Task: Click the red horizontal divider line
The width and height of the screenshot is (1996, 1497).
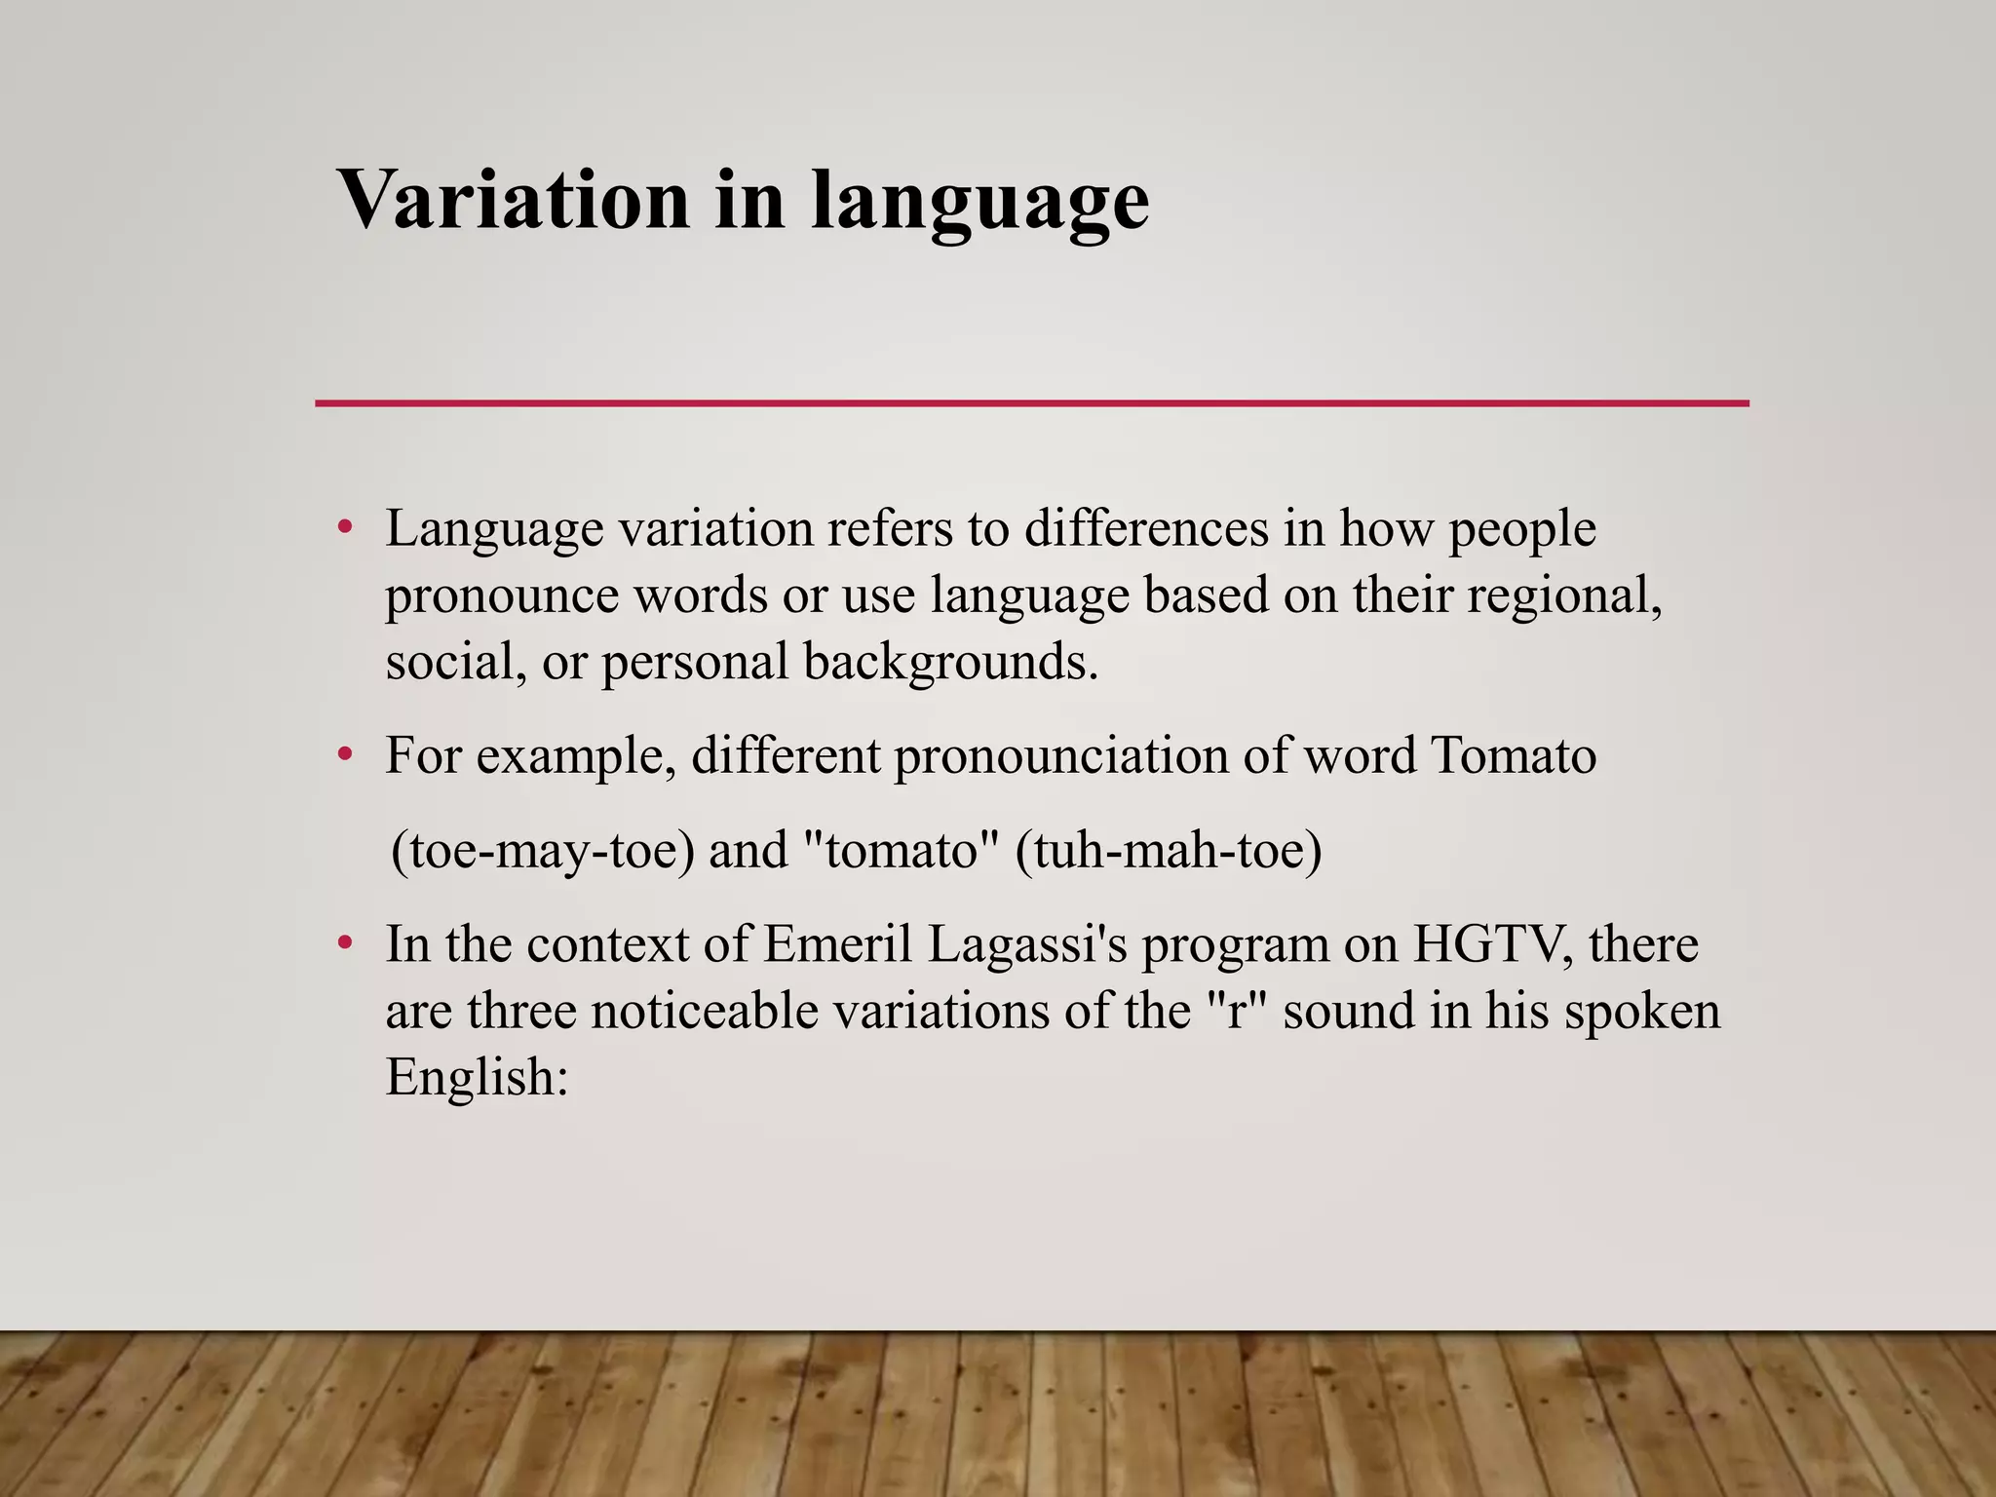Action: coord(1031,403)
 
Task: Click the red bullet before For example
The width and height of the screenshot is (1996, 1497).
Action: coord(343,755)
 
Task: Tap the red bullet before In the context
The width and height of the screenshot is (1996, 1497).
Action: coord(343,944)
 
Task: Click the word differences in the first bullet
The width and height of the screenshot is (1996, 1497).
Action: coord(1146,529)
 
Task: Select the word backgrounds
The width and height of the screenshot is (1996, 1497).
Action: coord(950,663)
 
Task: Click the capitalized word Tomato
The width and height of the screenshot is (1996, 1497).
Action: coord(1513,755)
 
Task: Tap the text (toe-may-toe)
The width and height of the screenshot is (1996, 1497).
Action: coord(543,850)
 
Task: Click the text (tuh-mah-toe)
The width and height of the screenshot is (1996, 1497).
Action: coord(1168,850)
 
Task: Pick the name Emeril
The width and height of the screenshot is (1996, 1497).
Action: coord(837,944)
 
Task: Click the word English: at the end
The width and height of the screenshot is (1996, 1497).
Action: coord(477,1077)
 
